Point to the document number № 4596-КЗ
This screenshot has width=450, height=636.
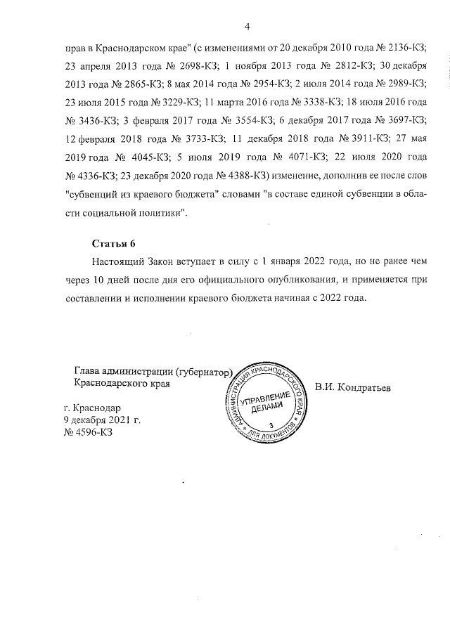[x=88, y=432]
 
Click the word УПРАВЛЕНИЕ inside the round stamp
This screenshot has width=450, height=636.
[x=266, y=398]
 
